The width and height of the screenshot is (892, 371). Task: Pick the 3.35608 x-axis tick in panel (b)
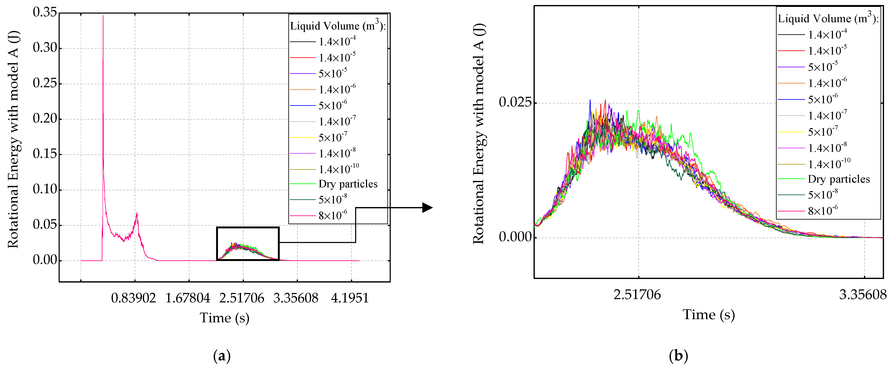[x=862, y=295]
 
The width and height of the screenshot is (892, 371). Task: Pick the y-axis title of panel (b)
[x=479, y=134]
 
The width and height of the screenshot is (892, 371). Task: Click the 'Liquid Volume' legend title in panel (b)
[x=828, y=19]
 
